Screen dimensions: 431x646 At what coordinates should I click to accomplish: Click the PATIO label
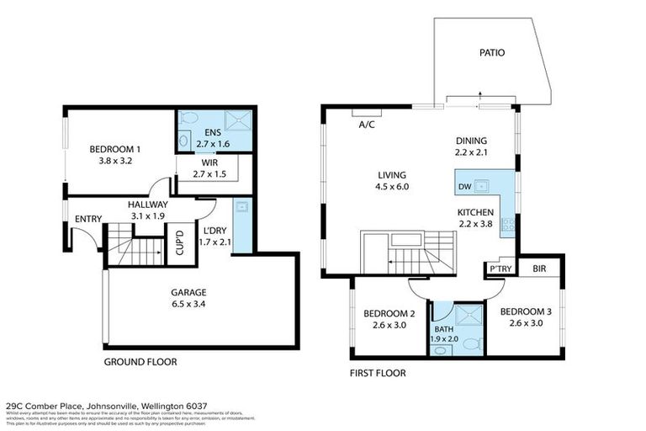coord(492,52)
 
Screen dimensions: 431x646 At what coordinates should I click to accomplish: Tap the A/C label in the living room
coord(367,125)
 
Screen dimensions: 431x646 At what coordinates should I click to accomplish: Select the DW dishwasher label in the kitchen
coord(464,187)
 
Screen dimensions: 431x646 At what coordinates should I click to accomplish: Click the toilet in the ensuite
coord(189,119)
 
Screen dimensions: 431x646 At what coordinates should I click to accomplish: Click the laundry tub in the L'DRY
coord(241,207)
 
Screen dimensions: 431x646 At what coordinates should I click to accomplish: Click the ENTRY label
coord(87,220)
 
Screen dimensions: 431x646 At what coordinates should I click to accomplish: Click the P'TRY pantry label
coord(501,269)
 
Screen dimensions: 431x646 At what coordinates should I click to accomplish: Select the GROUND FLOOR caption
coord(140,362)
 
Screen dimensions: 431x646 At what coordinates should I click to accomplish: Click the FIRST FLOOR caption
coord(377,373)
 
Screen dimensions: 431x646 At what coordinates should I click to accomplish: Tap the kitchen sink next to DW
coord(483,186)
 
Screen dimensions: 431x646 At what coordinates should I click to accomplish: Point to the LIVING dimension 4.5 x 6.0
coord(392,187)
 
